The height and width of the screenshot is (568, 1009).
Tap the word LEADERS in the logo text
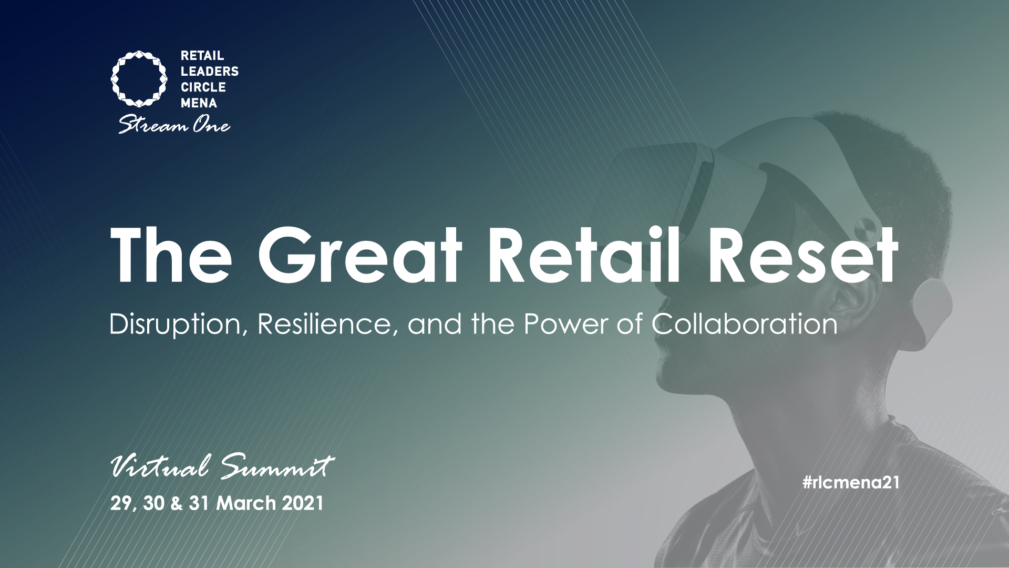click(x=210, y=71)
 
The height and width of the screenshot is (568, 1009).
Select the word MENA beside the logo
click(x=199, y=103)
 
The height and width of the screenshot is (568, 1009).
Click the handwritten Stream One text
click(x=174, y=125)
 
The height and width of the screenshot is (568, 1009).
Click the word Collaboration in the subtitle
click(x=744, y=324)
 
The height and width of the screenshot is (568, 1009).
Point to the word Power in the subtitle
click(x=562, y=324)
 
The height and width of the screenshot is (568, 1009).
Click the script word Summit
click(x=277, y=467)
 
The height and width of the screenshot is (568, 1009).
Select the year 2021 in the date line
click(x=302, y=503)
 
